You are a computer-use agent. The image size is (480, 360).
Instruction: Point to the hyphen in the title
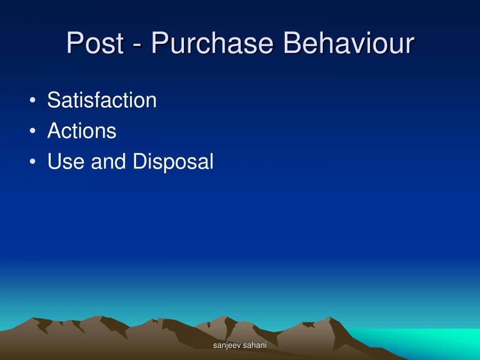[x=138, y=45]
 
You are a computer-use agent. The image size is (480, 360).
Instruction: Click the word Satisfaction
[x=102, y=100]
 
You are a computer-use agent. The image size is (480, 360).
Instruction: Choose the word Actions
[x=82, y=131]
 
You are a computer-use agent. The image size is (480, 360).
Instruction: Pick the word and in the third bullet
[x=109, y=162]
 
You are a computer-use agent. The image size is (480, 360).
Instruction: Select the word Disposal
[x=173, y=162]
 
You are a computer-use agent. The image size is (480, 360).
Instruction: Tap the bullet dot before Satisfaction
[x=33, y=100]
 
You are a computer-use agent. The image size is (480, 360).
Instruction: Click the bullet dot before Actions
[x=33, y=131]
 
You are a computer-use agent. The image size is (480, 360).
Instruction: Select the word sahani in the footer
[x=254, y=346]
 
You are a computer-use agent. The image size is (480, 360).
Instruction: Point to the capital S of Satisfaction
[x=53, y=100]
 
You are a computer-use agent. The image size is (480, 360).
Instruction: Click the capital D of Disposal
[x=139, y=162]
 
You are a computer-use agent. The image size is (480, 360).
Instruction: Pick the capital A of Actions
[x=54, y=131]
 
